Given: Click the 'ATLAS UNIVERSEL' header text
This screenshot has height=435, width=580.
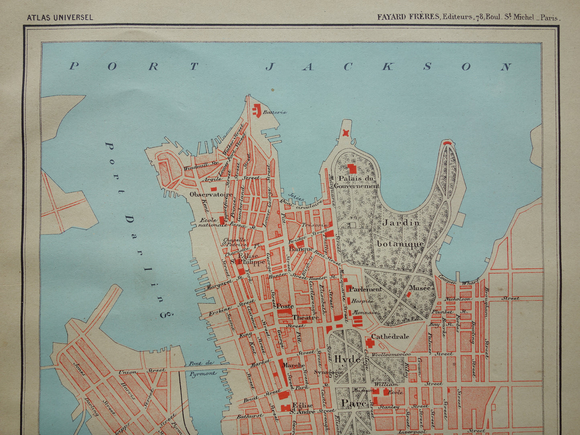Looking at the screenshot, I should [60, 18].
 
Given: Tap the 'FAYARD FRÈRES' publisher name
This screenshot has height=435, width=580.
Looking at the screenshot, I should [408, 17].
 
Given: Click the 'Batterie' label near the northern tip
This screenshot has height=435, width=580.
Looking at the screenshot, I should [275, 112].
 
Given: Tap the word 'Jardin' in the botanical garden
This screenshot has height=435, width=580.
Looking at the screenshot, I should [401, 223].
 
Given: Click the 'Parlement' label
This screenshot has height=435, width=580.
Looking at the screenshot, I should [365, 289].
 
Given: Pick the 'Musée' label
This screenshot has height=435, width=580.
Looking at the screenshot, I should [419, 288].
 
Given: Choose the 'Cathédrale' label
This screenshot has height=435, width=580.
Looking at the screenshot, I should [390, 336].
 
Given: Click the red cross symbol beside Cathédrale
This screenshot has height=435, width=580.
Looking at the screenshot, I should [370, 343].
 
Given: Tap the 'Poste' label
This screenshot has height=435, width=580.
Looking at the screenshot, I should [285, 306].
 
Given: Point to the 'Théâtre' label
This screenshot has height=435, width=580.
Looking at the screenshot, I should [305, 317].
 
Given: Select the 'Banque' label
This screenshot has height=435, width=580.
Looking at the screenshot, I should [301, 249].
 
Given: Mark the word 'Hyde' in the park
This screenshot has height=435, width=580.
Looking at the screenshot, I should [347, 359].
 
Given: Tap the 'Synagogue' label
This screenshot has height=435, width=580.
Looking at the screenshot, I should [328, 372].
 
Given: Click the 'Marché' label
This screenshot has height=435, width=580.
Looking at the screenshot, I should [293, 365].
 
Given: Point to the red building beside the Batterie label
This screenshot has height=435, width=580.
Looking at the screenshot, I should [256, 110].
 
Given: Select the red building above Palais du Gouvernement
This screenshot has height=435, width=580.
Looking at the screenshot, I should [352, 169].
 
